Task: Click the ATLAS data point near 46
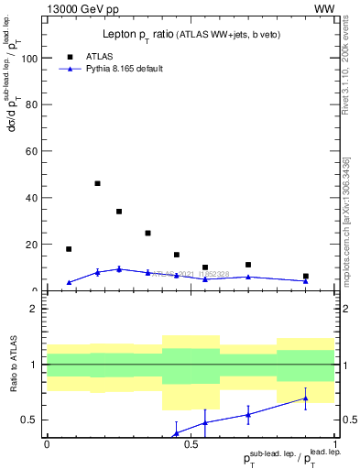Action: pos(98,183)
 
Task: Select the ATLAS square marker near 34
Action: pos(119,212)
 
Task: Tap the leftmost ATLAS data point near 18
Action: pos(69,249)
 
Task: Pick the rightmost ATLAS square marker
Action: pos(306,276)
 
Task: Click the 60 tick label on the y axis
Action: pos(33,151)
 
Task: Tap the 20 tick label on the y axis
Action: pos(33,245)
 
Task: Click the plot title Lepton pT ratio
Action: pos(191,35)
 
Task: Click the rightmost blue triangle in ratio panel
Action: pos(306,398)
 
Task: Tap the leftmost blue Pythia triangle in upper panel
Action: pos(69,282)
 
